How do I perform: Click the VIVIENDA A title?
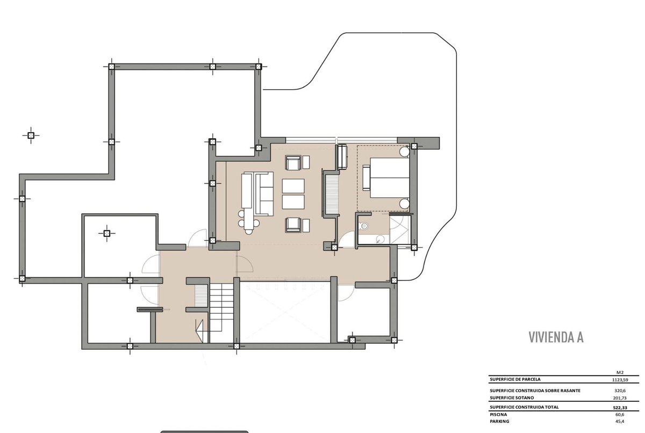tap(556, 337)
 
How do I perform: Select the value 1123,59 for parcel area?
tap(620, 380)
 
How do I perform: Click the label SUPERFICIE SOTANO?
tap(512, 398)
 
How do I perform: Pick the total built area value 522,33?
tap(620, 407)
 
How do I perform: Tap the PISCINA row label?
tap(498, 415)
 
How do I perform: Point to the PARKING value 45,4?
tap(620, 422)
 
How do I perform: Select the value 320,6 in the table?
tap(620, 391)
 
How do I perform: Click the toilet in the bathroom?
tap(363, 226)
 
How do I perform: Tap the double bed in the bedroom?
tap(389, 177)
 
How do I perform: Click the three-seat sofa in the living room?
tap(264, 194)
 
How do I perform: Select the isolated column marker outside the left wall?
tap(31, 135)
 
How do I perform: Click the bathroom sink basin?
tap(381, 239)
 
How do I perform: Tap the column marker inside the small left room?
tap(107, 233)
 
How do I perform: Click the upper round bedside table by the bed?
tap(404, 152)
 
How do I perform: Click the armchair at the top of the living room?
tap(293, 163)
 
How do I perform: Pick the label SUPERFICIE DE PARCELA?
tap(515, 379)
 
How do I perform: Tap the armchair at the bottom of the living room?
tap(293, 225)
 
